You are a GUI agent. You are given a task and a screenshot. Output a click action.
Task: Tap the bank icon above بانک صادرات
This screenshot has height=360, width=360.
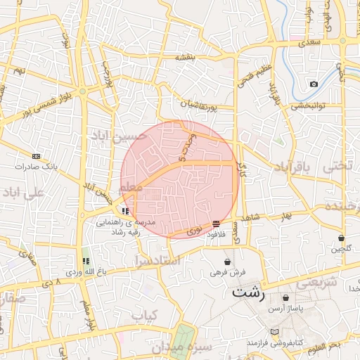(37, 157)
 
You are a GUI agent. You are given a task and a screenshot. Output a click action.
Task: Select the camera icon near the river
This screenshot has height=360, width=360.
(314, 84)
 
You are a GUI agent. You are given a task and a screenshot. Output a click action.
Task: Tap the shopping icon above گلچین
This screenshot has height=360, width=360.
(341, 238)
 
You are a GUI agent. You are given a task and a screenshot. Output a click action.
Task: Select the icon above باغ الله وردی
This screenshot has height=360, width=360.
(86, 261)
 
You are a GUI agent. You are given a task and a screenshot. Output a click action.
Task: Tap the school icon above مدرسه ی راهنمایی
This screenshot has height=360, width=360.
(125, 211)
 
